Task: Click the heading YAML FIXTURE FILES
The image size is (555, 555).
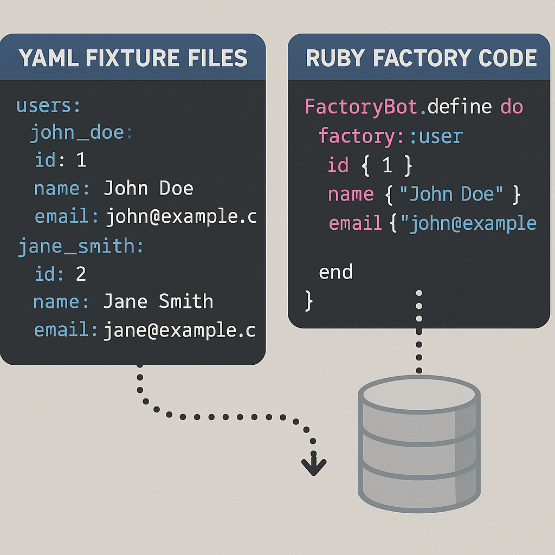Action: pos(133,58)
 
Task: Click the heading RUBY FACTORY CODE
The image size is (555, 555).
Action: pos(421,58)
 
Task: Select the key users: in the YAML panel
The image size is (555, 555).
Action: pos(48,106)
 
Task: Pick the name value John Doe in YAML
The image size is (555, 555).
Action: pos(148,189)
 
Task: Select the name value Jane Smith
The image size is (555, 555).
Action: pos(158,301)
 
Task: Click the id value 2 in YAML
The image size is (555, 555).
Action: pos(81,274)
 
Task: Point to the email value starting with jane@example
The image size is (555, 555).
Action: pos(179,330)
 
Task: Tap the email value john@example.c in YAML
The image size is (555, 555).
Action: pos(181,217)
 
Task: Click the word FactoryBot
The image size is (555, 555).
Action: pos(362,107)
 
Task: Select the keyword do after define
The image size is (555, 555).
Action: pos(512,107)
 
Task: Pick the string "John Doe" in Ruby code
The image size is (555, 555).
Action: pos(452,194)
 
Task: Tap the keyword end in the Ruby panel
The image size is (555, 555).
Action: pos(335,272)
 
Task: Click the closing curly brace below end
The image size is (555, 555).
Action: pos(309,300)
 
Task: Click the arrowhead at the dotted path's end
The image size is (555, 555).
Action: pos(314,465)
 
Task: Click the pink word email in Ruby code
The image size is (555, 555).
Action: pos(355,223)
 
